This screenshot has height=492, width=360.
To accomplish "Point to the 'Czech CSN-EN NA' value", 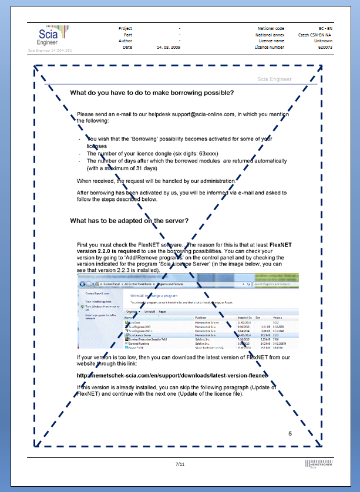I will pyautogui.click(x=315, y=35).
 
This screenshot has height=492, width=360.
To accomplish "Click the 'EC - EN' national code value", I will pyautogui.click(x=325, y=28).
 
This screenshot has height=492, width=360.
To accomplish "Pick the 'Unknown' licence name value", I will pyautogui.click(x=323, y=41).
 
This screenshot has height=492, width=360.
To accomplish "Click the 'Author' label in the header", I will pyautogui.click(x=126, y=41).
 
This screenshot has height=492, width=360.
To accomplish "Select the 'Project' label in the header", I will pyautogui.click(x=125, y=28).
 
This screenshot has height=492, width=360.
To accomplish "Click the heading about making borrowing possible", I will pyautogui.click(x=152, y=93).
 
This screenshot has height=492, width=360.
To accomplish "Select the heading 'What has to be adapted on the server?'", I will pyautogui.click(x=129, y=221).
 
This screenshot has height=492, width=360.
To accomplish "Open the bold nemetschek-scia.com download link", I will pyautogui.click(x=173, y=375).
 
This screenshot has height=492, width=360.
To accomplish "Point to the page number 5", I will pyautogui.click(x=290, y=433).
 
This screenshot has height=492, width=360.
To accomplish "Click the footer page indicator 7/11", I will pyautogui.click(x=180, y=464).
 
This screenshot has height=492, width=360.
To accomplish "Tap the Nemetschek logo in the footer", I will pyautogui.click(x=318, y=465).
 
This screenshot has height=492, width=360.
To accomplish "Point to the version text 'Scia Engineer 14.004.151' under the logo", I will pyautogui.click(x=50, y=52).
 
